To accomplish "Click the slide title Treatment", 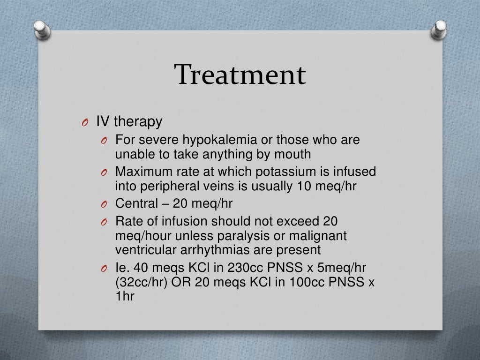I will (x=240, y=75).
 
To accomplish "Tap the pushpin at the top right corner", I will (x=439, y=31).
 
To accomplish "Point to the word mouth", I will (x=293, y=153).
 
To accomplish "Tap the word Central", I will (x=136, y=204).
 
